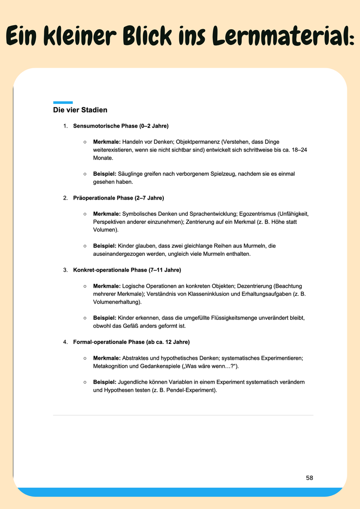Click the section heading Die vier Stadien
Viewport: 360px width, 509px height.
(x=80, y=110)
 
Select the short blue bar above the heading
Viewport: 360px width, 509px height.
(x=63, y=103)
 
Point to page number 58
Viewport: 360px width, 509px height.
(x=309, y=478)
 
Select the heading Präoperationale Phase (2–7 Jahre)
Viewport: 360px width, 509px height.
(x=118, y=198)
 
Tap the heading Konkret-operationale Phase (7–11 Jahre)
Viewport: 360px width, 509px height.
(x=127, y=270)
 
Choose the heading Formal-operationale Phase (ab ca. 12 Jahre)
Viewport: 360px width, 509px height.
(x=131, y=342)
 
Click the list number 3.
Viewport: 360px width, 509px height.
(x=65, y=270)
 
